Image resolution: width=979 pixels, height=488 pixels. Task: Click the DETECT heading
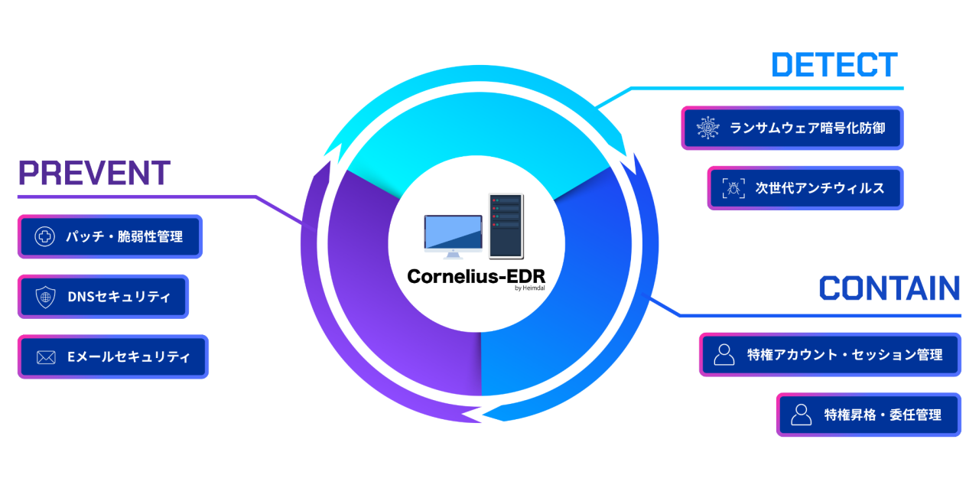pos(834,65)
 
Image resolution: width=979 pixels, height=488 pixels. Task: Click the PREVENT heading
pos(94,174)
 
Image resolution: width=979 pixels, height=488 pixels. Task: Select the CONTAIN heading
pos(890,288)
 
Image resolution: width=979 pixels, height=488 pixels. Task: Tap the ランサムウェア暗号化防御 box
pos(792,128)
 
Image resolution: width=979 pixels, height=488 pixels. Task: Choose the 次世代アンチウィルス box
pos(805,187)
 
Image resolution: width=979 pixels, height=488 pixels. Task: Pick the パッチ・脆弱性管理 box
pos(110,236)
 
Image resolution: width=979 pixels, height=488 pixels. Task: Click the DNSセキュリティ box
pos(103,297)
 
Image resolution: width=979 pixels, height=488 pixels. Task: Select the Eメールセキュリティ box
pos(113,356)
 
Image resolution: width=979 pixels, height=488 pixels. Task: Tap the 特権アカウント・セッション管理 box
pos(830,355)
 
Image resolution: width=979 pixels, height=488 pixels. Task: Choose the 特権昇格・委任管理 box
pos(868,415)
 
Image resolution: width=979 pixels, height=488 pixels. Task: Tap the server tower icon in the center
pos(506,226)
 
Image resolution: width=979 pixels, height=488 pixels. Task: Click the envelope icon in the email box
pos(46,357)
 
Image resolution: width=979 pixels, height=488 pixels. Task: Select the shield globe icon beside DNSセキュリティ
pos(46,297)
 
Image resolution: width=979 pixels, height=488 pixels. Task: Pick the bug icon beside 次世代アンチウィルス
pos(733,187)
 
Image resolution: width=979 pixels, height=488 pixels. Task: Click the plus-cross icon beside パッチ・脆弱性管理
pos(45,236)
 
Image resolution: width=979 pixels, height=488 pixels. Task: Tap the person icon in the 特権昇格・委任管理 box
pos(801,415)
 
